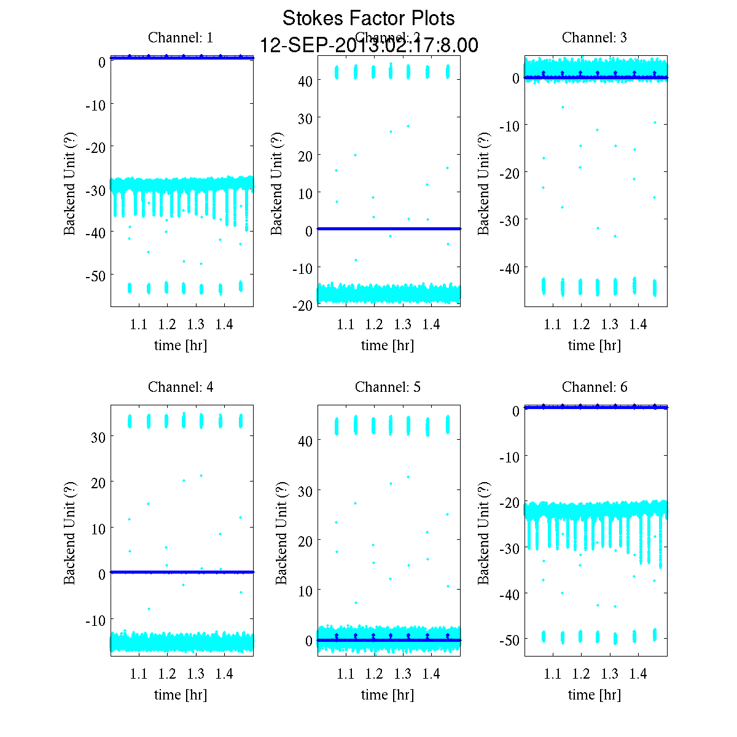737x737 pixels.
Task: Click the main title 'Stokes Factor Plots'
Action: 368,18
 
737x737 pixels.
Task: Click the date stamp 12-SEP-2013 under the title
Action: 368,45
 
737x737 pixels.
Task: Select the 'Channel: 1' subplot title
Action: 181,37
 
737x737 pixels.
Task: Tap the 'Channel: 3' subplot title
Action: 595,37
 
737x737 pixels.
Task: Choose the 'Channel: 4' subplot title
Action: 181,387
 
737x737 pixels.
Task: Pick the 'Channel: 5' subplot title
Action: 388,387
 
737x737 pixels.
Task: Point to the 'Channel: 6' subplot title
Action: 595,387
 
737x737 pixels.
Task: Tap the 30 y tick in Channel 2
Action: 305,118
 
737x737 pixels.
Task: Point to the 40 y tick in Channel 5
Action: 305,440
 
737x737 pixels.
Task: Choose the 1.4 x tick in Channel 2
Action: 431,324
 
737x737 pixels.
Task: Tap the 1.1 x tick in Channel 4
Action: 139,674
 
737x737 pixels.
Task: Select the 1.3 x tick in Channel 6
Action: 610,674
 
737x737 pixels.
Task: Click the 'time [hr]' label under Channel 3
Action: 595,345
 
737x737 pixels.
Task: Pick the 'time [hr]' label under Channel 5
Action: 388,695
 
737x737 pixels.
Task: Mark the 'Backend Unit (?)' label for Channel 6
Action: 484,532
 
